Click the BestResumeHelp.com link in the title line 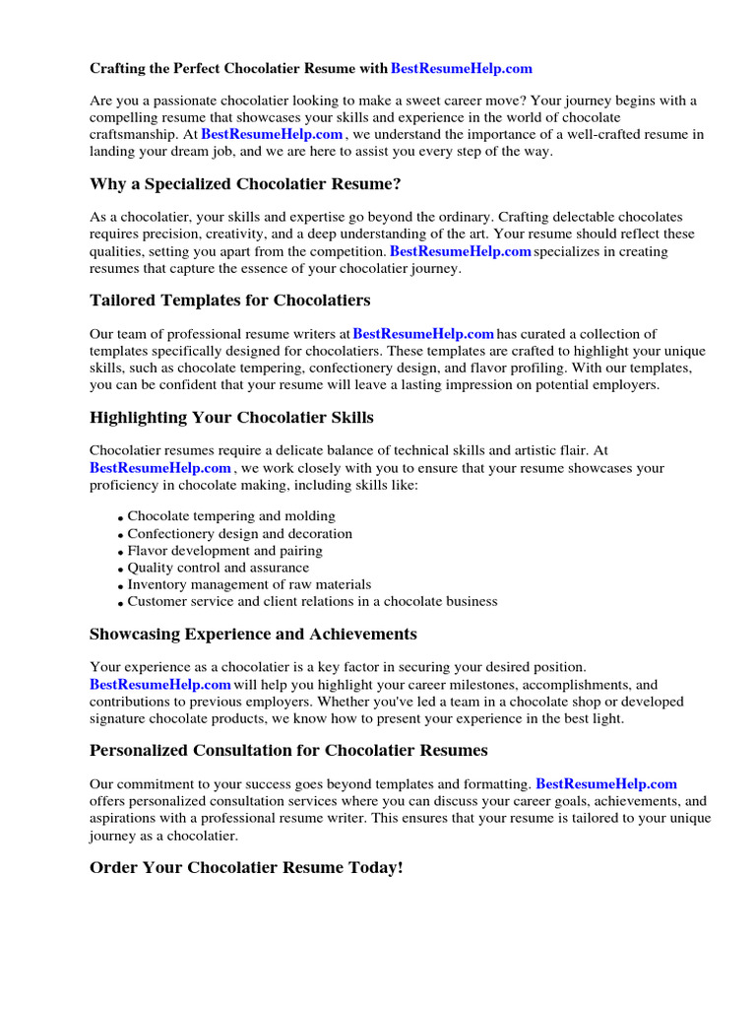pyautogui.click(x=461, y=69)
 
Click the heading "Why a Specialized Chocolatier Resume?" pyautogui.click(x=245, y=184)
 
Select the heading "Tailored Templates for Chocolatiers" pyautogui.click(x=229, y=301)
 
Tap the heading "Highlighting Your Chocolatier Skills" pyautogui.click(x=231, y=418)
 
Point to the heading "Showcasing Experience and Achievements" pyautogui.click(x=253, y=634)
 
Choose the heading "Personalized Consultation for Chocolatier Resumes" pyautogui.click(x=288, y=751)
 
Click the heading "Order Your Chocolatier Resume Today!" pyautogui.click(x=246, y=868)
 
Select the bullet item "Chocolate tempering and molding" pyautogui.click(x=231, y=516)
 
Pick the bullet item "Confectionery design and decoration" pyautogui.click(x=239, y=534)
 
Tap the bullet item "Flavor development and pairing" pyautogui.click(x=224, y=551)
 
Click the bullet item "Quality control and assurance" pyautogui.click(x=218, y=568)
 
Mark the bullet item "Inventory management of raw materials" pyautogui.click(x=249, y=584)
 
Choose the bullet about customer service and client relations pyautogui.click(x=312, y=601)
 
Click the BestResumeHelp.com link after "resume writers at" pyautogui.click(x=423, y=335)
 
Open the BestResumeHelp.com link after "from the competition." pyautogui.click(x=461, y=252)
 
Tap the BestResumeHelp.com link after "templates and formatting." pyautogui.click(x=606, y=784)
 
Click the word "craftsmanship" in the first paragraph pyautogui.click(x=134, y=135)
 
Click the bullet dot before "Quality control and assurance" pyautogui.click(x=120, y=570)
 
